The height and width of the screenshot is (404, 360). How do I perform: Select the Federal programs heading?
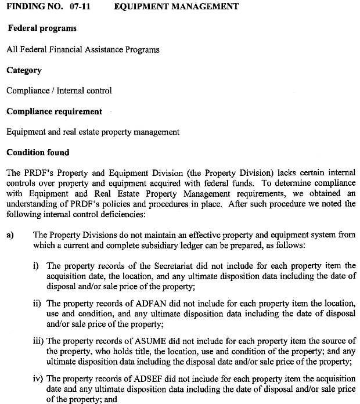click(42, 28)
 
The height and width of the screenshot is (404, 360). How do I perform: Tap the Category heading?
click(24, 70)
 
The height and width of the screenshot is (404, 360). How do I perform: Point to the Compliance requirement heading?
click(54, 111)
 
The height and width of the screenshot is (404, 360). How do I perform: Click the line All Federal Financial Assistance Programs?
click(82, 49)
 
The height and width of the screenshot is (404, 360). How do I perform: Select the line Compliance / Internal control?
click(59, 91)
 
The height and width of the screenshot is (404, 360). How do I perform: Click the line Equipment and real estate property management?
click(93, 132)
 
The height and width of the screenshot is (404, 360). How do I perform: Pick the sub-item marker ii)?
click(37, 303)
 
